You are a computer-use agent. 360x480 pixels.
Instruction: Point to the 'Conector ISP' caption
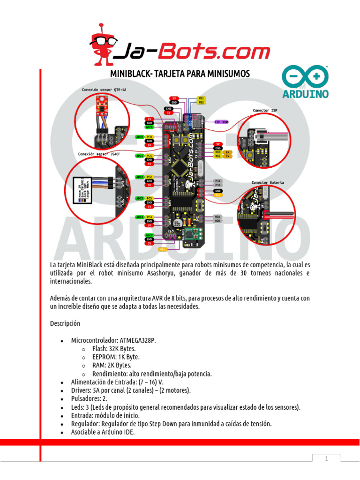click(265, 111)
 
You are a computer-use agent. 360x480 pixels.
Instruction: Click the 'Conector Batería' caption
click(267, 182)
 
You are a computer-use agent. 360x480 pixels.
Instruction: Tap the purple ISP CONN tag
click(221, 122)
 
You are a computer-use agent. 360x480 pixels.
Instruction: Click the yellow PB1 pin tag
click(201, 98)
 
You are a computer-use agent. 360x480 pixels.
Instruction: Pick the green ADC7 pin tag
click(150, 235)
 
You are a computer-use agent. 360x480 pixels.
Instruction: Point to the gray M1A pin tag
click(217, 181)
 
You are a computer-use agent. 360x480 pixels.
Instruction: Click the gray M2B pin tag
click(217, 221)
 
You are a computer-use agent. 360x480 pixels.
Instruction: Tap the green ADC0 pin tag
click(140, 137)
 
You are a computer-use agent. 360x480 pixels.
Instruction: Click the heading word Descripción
click(65, 323)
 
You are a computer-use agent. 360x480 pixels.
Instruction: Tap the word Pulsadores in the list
click(86, 398)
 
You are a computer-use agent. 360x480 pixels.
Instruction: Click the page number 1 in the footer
click(326, 458)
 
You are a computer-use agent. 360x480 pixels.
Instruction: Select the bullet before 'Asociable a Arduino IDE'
click(62, 432)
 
